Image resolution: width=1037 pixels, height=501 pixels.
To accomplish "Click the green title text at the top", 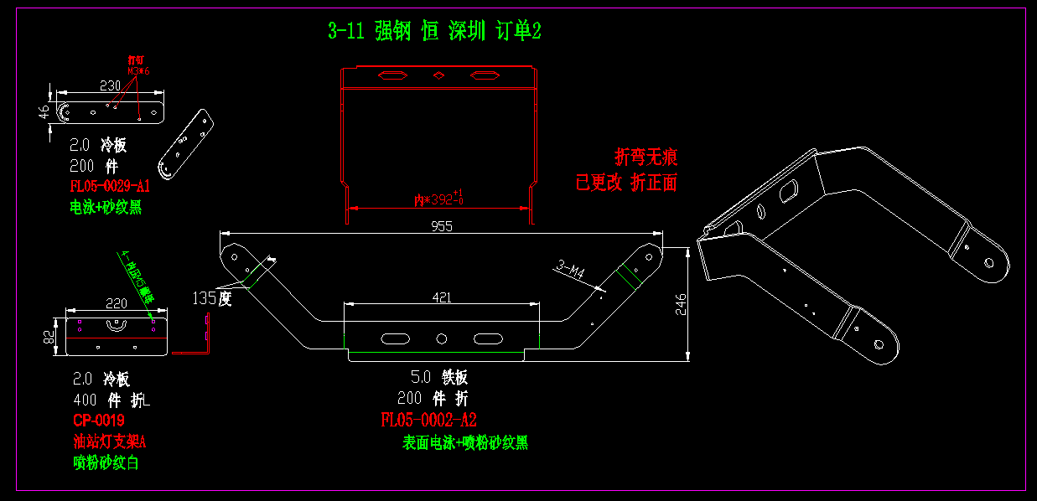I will (x=434, y=32).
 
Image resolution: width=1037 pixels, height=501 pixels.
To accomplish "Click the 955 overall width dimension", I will (x=442, y=226).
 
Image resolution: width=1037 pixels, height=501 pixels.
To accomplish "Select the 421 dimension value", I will (x=441, y=297).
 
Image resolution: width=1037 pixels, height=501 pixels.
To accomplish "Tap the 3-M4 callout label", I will (x=570, y=270).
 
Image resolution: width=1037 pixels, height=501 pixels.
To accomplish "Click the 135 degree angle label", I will (x=211, y=298).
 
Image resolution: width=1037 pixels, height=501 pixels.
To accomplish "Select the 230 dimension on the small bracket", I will (x=110, y=85).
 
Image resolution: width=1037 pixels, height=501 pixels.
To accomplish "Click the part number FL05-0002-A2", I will (x=428, y=420).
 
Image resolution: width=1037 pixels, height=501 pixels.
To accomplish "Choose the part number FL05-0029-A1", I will (x=110, y=186).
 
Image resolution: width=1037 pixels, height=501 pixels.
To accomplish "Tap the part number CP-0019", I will (x=99, y=420).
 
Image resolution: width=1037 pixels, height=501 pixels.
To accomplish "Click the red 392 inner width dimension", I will (x=439, y=199).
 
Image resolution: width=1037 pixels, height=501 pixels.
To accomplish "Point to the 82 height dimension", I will (x=49, y=337).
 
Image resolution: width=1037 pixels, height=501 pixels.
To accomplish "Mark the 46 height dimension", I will (x=44, y=112).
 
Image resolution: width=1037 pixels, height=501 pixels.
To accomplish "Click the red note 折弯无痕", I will (x=646, y=157).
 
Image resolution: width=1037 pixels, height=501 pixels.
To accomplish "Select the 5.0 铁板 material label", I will (x=438, y=377).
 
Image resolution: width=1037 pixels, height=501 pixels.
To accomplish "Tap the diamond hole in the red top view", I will (x=438, y=76).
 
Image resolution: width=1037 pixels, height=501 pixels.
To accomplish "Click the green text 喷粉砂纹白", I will (x=106, y=462).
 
